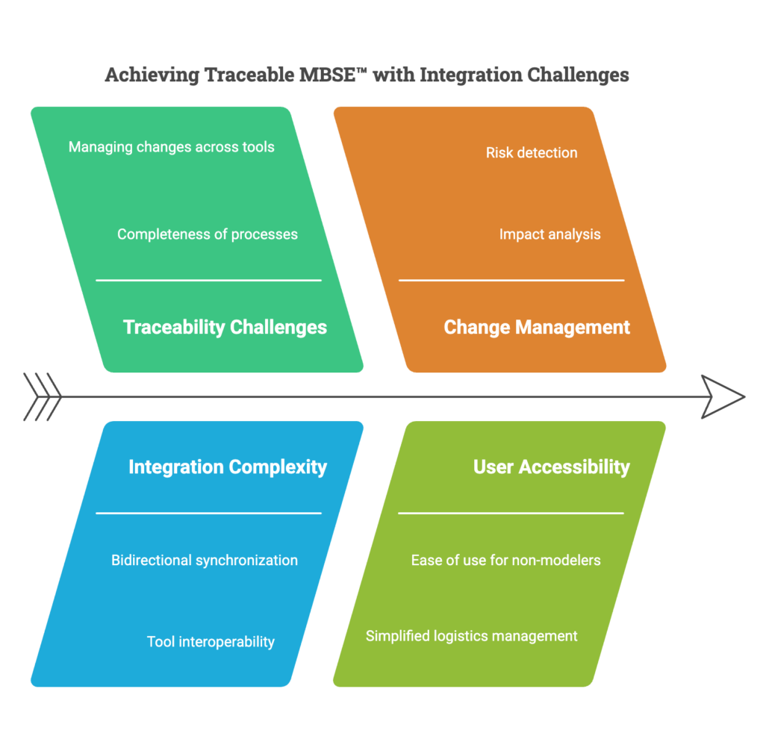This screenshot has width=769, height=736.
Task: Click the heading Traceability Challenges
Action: click(225, 327)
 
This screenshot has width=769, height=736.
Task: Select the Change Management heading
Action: click(537, 327)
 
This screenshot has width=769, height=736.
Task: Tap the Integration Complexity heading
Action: click(228, 467)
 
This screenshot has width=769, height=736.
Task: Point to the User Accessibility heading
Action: click(552, 467)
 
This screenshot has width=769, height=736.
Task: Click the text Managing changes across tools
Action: click(172, 147)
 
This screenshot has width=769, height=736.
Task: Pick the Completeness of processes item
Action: click(208, 234)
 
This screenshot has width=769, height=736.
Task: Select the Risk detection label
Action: click(532, 153)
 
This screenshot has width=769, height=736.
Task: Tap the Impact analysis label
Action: click(549, 234)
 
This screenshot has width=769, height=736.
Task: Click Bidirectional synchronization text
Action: click(205, 561)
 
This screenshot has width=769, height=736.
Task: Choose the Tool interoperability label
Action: click(211, 642)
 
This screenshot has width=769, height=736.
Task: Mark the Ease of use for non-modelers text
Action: click(505, 561)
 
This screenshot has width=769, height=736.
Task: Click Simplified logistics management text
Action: click(471, 636)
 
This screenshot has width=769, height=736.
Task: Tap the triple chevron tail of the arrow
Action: click(43, 396)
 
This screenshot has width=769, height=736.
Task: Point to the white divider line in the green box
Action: click(208, 281)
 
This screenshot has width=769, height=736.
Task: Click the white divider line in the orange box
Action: click(511, 281)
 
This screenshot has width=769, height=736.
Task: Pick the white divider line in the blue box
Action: click(208, 514)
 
